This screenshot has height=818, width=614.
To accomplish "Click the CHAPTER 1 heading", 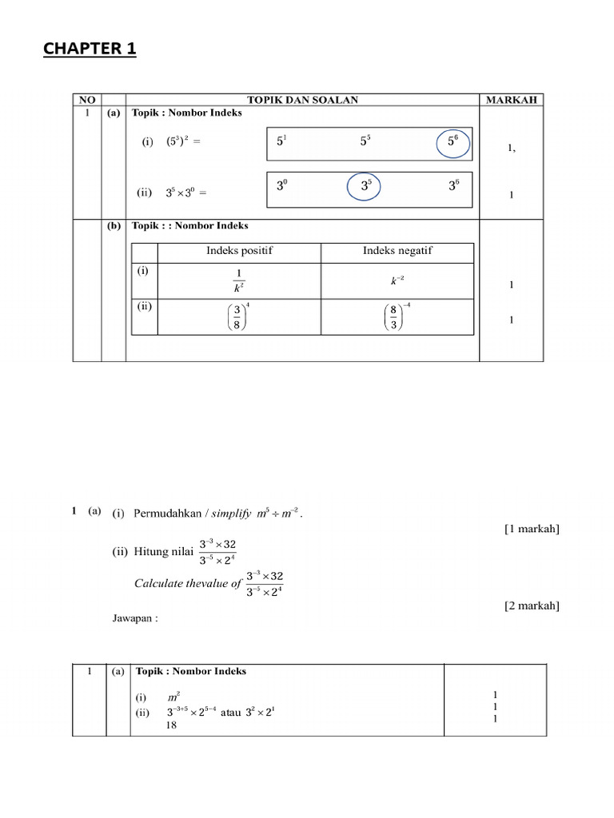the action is pos(90,50).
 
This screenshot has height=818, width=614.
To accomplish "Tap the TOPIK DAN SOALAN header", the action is pos(302,100).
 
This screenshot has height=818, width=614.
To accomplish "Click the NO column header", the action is pos(86,100).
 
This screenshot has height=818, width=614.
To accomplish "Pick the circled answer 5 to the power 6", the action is pos(453,141).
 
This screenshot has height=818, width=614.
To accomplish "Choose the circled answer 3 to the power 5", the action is pos(365,187).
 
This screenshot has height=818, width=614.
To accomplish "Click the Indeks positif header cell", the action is pos(239,251).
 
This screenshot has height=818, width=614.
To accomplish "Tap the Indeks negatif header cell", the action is pos(397,251).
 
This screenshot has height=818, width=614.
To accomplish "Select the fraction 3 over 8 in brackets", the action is pos(237,320).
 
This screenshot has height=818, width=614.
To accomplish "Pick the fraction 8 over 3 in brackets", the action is pos(397,320).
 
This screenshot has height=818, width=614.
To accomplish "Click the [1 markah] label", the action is pos(532,530).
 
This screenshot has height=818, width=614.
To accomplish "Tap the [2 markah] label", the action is pos(532,605).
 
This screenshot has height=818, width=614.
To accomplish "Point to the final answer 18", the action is pos(172,725).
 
